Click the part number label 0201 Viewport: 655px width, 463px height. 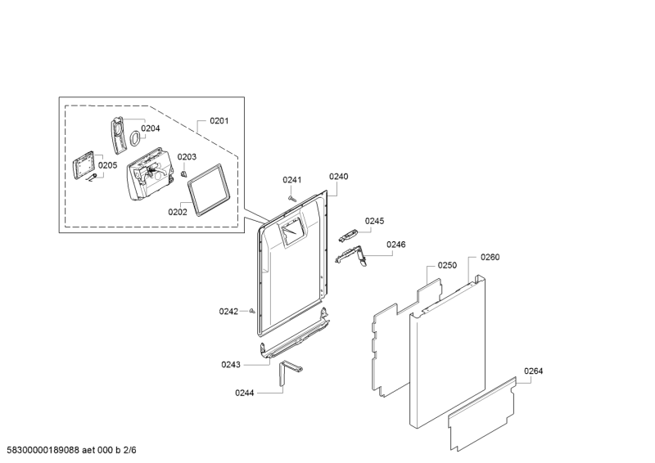point(219,121)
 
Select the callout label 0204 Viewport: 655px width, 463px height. point(151,128)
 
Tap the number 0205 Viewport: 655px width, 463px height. point(108,165)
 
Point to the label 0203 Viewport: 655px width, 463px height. point(187,157)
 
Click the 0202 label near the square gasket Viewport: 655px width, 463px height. point(178,212)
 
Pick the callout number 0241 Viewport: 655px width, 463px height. point(292,180)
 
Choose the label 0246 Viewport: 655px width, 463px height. point(396,245)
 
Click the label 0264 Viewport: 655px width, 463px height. point(534,371)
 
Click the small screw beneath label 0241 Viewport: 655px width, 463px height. point(292,198)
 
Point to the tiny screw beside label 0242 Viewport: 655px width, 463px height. point(252,311)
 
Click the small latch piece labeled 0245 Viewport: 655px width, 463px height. point(348,235)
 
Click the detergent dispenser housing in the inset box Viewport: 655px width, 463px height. point(150,173)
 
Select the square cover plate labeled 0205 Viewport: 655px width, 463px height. point(84,165)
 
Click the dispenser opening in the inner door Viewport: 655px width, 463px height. point(293,233)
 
